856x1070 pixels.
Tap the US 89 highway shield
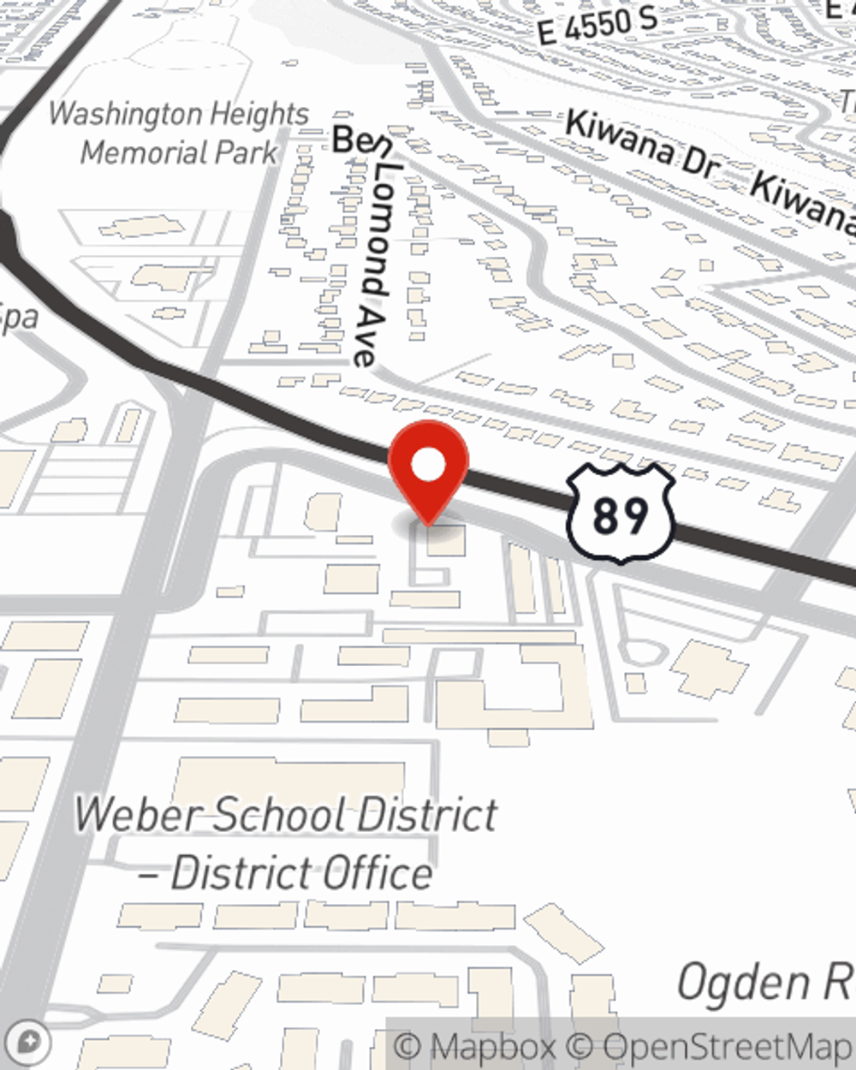click(621, 514)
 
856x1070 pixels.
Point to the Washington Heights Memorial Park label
click(179, 133)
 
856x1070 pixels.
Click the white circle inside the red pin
click(429, 466)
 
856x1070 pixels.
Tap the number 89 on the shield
click(621, 516)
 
